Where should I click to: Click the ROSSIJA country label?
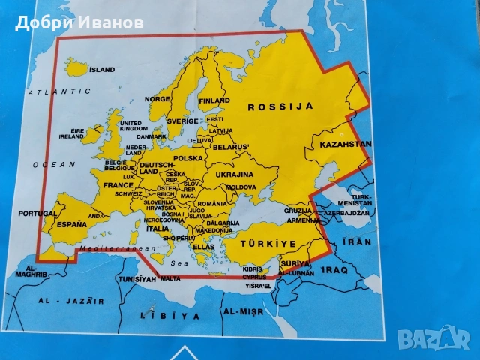[280, 107]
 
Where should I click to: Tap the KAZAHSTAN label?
[345, 144]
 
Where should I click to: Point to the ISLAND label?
[102, 69]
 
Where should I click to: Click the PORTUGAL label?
[37, 213]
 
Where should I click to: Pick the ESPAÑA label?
[73, 223]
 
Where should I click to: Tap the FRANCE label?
[118, 185]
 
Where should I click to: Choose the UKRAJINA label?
[235, 174]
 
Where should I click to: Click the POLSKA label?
[188, 159]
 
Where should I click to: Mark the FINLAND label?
[214, 100]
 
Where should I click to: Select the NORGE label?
[157, 99]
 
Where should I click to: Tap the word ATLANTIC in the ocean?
[54, 91]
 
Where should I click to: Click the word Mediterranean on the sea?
[107, 247]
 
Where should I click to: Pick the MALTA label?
[170, 278]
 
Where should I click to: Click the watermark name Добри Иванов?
[79, 22]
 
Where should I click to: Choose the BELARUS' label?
[231, 147]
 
